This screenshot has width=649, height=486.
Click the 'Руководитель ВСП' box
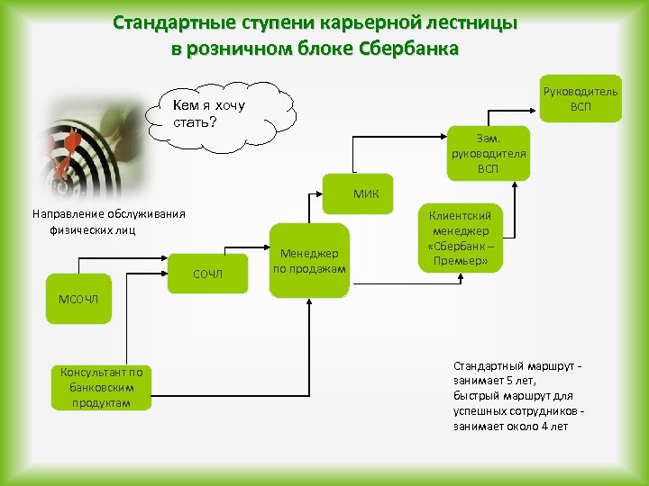click(x=581, y=98)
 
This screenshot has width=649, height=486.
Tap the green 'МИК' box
click(x=365, y=193)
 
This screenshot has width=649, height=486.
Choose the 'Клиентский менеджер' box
click(x=461, y=238)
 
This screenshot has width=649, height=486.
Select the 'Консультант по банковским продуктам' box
click(x=101, y=387)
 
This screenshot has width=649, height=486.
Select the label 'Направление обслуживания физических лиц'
click(x=108, y=221)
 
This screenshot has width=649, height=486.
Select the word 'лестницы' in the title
click(x=471, y=23)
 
